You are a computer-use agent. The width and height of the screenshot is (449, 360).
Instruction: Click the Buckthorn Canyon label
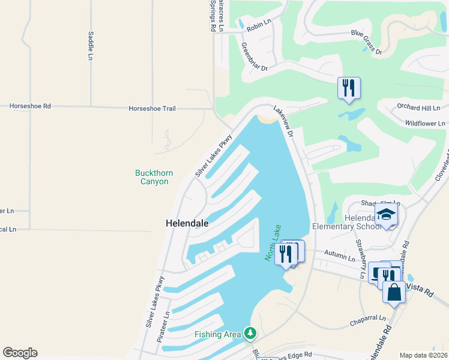tap(154, 177)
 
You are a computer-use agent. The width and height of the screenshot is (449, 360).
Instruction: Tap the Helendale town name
tap(187, 223)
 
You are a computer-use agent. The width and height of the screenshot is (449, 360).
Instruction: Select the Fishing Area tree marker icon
tap(250, 333)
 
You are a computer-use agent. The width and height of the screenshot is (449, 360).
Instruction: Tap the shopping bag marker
tap(394, 293)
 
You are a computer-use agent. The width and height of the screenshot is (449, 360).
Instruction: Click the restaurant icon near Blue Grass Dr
tap(348, 88)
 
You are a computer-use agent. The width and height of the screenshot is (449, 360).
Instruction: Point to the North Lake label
tap(273, 242)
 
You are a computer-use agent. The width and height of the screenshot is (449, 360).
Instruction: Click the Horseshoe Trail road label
tap(152, 109)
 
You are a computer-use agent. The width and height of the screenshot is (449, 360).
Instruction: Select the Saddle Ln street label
tap(91, 46)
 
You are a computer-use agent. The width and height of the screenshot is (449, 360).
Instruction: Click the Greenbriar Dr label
tap(254, 57)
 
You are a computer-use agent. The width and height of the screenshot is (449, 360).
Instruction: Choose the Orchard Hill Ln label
tap(418, 107)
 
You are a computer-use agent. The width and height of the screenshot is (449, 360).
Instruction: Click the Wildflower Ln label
tap(425, 123)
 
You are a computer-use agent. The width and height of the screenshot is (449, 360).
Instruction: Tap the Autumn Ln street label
tap(340, 256)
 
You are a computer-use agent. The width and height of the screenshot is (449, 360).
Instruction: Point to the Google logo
tap(20, 353)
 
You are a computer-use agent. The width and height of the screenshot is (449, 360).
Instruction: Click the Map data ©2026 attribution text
tap(423, 355)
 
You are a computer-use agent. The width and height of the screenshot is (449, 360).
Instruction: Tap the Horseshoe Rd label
tap(30, 106)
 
